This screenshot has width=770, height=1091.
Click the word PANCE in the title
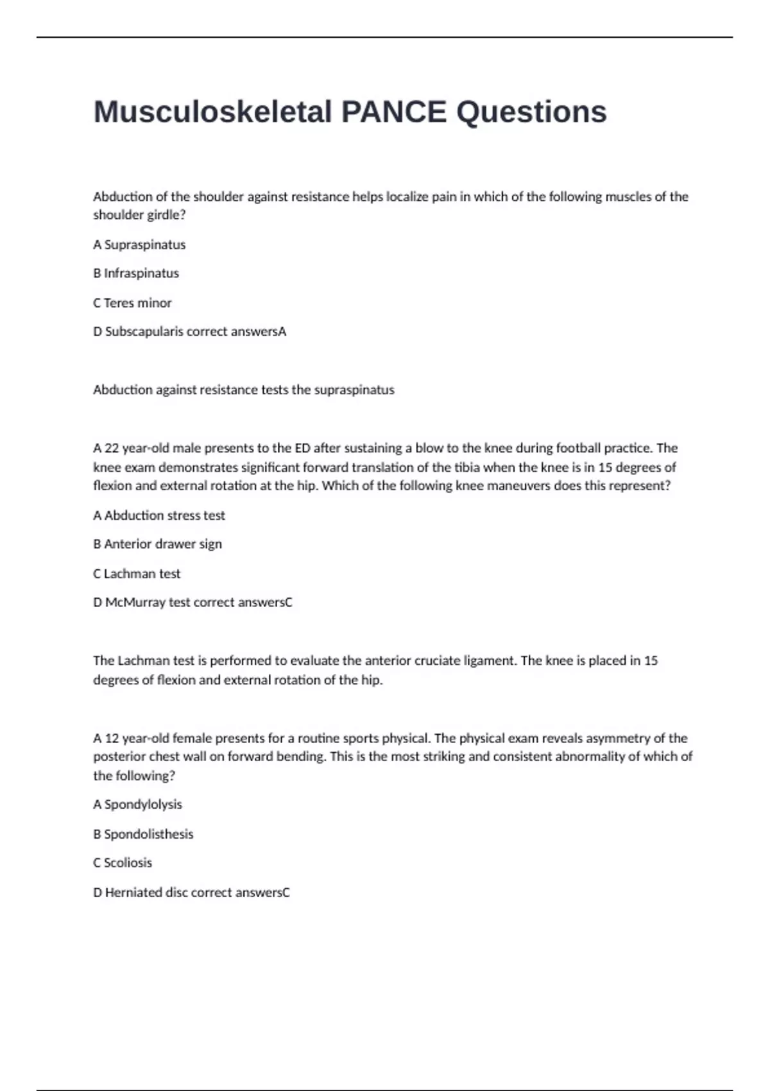tap(393, 112)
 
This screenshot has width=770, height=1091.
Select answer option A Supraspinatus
tap(139, 245)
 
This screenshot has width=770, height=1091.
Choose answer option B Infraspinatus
tap(136, 273)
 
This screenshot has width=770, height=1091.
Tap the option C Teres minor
tap(132, 303)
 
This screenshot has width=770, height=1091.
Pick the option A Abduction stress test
tap(159, 515)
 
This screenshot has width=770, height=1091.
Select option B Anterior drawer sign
tap(157, 544)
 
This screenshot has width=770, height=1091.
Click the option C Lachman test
tap(137, 574)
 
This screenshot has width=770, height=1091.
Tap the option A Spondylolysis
tap(137, 805)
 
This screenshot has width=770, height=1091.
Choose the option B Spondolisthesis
tap(143, 834)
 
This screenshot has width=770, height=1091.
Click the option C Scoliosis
tap(123, 863)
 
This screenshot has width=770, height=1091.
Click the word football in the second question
tap(578, 448)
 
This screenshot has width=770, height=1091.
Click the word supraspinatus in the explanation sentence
tap(354, 390)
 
